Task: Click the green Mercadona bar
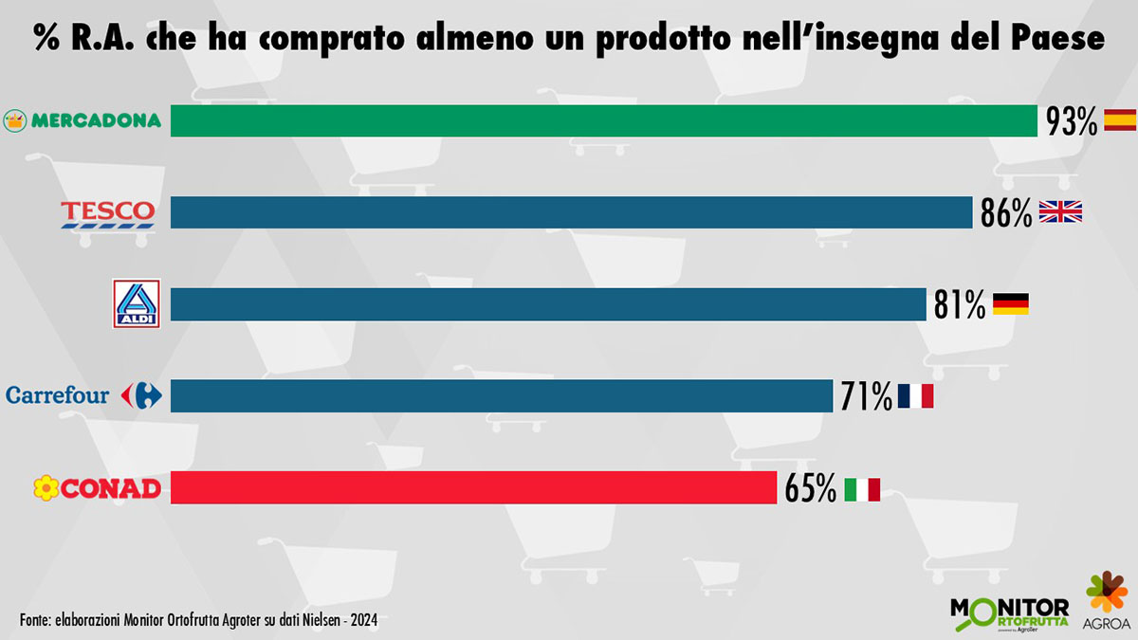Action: tap(603, 120)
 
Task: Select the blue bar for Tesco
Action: tap(571, 212)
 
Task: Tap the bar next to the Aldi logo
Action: tap(547, 304)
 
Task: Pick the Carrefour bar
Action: tap(501, 396)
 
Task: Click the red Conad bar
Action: tap(473, 488)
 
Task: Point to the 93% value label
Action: tap(1072, 121)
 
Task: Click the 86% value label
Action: tap(1006, 213)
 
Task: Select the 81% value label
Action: tap(960, 305)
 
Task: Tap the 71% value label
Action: tap(866, 396)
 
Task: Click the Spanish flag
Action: tap(1120, 119)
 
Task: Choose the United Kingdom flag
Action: tap(1060, 211)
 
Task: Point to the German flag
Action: tap(1010, 304)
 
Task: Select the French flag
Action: tap(916, 396)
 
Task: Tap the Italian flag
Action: tap(862, 489)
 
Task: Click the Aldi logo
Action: tap(136, 304)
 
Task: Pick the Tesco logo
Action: tap(107, 213)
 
